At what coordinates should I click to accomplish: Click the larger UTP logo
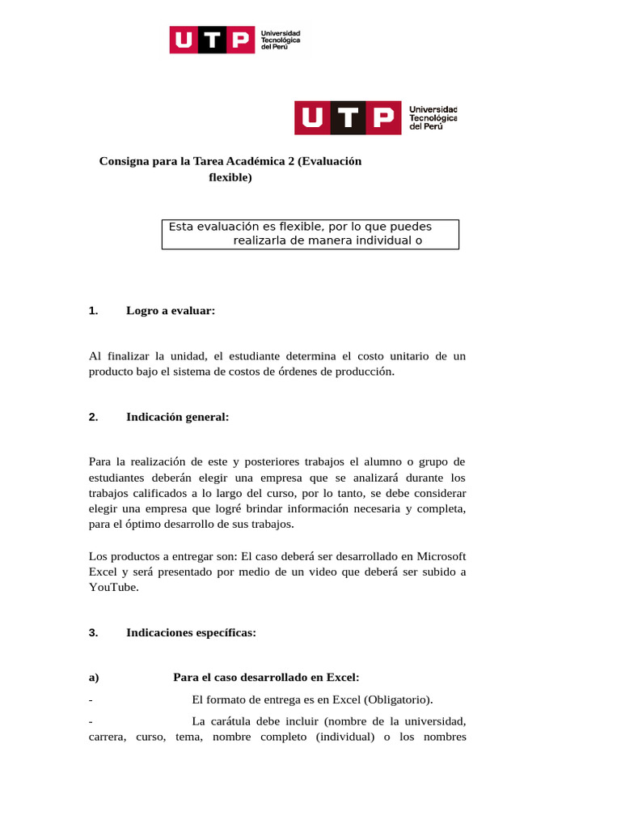tap(376, 117)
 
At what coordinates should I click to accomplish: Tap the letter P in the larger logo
tap(384, 117)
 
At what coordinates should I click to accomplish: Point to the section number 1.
tap(93, 310)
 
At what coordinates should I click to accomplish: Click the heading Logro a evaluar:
tap(171, 310)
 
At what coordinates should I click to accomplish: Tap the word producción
tap(368, 371)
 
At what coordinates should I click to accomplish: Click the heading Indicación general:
tap(177, 417)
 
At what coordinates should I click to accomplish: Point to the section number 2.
tap(93, 417)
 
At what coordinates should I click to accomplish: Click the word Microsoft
tap(439, 556)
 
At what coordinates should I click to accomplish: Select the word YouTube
tap(113, 587)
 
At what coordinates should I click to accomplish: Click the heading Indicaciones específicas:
tap(191, 633)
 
